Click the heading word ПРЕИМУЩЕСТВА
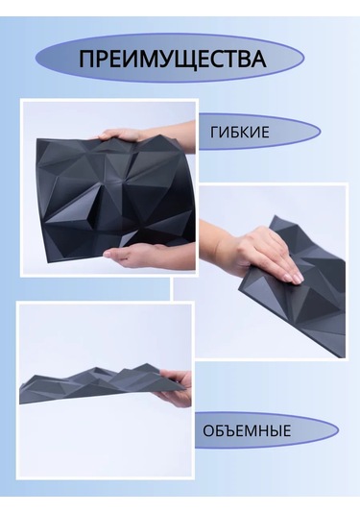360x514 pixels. click(x=172, y=60)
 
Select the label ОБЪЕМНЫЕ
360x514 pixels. click(x=247, y=430)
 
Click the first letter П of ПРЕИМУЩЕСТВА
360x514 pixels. click(x=87, y=60)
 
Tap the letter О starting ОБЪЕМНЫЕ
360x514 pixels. click(x=208, y=430)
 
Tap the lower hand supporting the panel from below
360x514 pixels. click(x=134, y=255)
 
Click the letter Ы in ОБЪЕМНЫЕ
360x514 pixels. click(x=272, y=430)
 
